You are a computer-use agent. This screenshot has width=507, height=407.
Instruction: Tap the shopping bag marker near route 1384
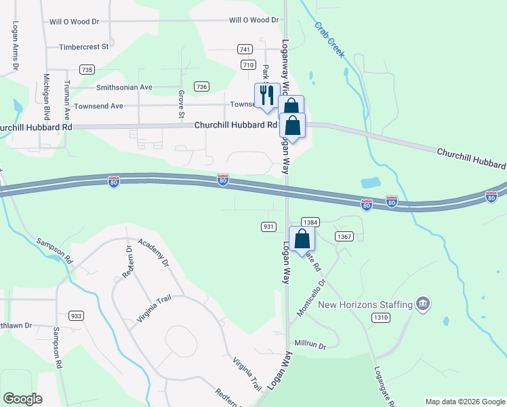tap(302, 239)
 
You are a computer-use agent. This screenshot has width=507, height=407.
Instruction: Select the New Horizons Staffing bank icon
tap(423, 303)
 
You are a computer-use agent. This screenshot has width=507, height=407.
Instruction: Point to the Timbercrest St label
tap(84, 47)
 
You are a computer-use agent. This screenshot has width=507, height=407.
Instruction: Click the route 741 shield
tap(245, 50)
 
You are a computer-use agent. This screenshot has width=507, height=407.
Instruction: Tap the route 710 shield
tap(248, 64)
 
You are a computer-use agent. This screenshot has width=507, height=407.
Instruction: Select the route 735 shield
tap(86, 69)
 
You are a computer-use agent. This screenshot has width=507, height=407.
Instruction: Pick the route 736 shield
tap(201, 86)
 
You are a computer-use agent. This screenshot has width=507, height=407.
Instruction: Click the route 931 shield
tap(268, 226)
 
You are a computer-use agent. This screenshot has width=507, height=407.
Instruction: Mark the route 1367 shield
tap(343, 235)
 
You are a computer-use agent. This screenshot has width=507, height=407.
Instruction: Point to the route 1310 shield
tap(381, 317)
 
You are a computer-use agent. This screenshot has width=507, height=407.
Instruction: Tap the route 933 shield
tap(77, 316)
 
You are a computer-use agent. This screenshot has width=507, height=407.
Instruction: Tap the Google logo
tap(23, 399)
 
